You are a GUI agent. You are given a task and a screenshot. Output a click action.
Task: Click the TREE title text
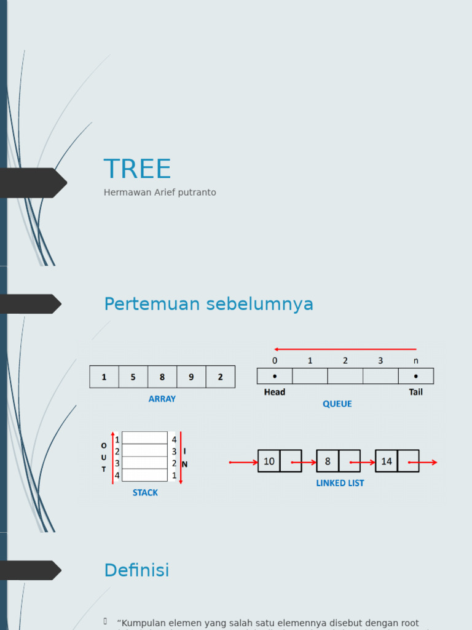[137, 169]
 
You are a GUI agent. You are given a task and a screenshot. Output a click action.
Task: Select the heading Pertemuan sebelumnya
[208, 304]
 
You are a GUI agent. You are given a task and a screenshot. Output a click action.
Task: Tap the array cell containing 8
[162, 377]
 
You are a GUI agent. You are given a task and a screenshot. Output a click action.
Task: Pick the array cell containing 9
[191, 377]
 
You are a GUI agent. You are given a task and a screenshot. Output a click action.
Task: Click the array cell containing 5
[133, 377]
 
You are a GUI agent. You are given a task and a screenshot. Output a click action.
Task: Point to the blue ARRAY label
[162, 399]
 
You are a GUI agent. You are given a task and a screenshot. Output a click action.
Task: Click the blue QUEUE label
[337, 404]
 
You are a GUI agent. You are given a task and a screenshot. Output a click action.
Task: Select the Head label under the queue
[275, 392]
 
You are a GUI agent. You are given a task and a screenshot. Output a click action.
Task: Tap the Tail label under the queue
[416, 392]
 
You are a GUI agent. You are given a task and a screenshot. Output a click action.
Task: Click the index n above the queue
[416, 361]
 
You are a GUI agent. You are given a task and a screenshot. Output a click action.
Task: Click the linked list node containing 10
[269, 461]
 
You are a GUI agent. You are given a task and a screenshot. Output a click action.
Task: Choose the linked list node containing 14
[387, 461]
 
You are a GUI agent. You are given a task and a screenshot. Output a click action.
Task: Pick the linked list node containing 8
[328, 461]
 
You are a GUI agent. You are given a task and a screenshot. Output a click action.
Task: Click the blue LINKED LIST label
[340, 484]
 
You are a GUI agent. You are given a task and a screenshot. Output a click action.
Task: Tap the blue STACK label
[145, 493]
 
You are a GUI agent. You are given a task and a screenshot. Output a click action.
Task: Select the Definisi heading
[136, 570]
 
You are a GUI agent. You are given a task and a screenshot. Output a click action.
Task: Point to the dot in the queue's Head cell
[275, 376]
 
